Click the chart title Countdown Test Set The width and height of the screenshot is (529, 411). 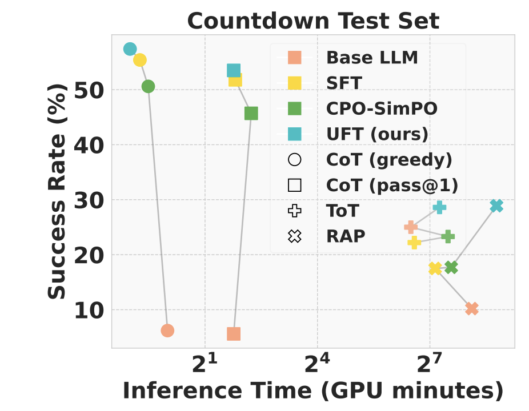coord(313,21)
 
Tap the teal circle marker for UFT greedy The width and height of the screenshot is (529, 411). coord(130,49)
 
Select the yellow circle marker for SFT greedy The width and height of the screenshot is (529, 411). coord(140,60)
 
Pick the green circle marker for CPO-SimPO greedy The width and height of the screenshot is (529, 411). coord(148,86)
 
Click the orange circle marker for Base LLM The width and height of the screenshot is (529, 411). coord(167,331)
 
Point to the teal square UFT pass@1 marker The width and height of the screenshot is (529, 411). coord(233,70)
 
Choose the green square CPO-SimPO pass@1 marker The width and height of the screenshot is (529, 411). coord(251,114)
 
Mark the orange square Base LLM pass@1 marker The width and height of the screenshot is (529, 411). coord(234,334)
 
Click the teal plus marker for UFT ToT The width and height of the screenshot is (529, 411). coord(439,207)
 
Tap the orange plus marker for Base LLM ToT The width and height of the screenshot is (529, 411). coord(410,227)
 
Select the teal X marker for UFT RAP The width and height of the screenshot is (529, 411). coord(496,205)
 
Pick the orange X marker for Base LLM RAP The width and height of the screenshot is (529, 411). coord(471,309)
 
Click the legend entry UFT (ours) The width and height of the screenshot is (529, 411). coord(377,134)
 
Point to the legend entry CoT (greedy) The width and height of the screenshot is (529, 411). coord(388,160)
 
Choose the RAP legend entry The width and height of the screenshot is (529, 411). coord(345,236)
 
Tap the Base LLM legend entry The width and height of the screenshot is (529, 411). coord(372,58)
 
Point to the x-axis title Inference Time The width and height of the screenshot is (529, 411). coord(313,391)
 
